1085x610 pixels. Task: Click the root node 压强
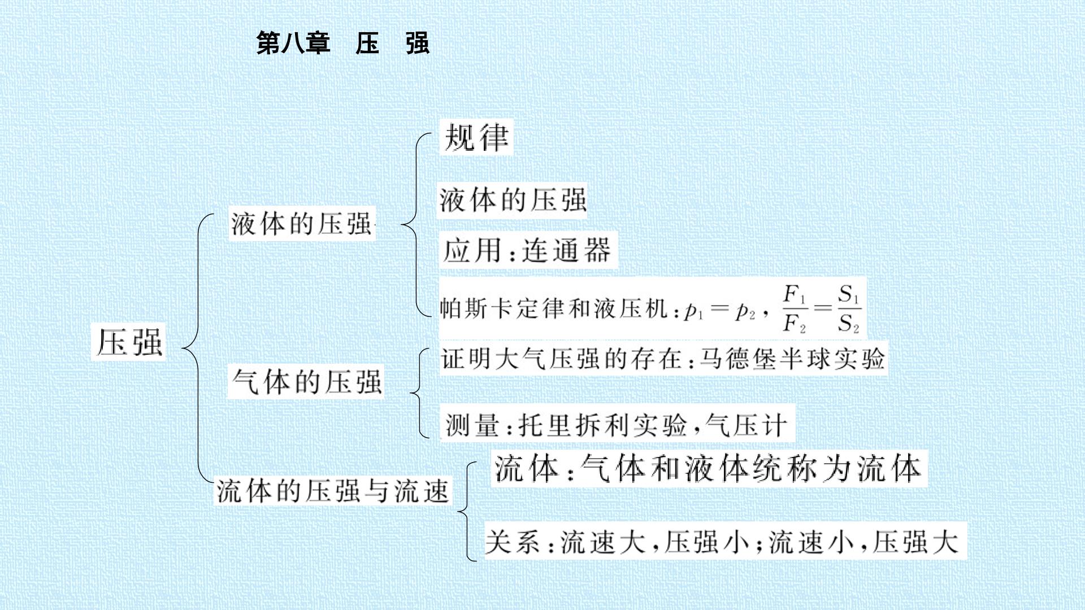[x=129, y=342]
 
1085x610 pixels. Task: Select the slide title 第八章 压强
[x=343, y=43]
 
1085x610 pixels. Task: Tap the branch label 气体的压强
[x=306, y=382]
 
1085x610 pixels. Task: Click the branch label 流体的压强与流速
[x=333, y=490]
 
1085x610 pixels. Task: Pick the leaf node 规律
[x=476, y=137]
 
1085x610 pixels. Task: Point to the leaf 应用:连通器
[x=527, y=250]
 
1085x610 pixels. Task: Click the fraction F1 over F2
[x=795, y=308]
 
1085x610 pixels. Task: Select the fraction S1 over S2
[x=849, y=308]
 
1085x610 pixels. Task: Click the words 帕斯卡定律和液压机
[x=554, y=309]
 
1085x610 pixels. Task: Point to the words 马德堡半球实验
[x=792, y=358]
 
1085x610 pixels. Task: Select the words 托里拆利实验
[x=602, y=425]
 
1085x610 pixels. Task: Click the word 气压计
[x=746, y=425]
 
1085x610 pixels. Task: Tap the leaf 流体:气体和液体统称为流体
[x=708, y=468]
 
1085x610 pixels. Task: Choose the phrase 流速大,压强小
[x=655, y=542]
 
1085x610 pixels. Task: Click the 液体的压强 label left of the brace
[x=301, y=224]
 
